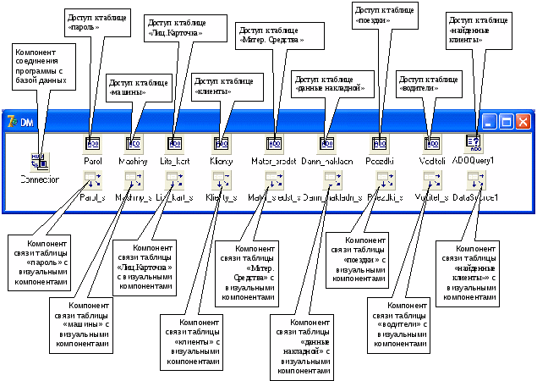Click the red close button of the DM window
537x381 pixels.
click(x=523, y=121)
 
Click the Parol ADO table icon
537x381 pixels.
click(x=93, y=143)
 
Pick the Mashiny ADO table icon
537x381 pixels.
click(x=134, y=143)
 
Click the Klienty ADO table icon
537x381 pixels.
click(x=222, y=143)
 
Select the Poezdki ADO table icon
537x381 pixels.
click(x=379, y=143)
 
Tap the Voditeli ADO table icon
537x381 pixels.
click(x=432, y=143)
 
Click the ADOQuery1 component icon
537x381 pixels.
click(x=474, y=142)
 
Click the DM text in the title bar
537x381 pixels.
click(x=26, y=121)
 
